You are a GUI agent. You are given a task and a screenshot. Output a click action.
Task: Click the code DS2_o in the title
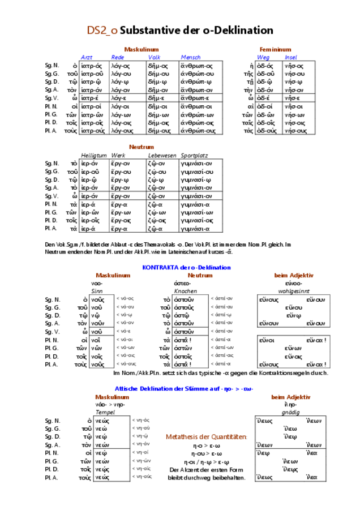pos(102,31)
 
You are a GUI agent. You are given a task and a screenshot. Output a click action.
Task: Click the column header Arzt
pos(87,57)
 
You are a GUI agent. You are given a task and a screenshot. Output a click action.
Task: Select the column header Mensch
pos(191,57)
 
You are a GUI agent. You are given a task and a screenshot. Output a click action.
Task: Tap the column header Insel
pos(291,57)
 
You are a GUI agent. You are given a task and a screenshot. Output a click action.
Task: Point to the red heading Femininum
pos(275,49)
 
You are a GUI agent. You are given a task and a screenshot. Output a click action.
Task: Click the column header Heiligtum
pos(93,155)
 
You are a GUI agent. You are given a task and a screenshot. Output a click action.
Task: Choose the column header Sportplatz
pos(194,155)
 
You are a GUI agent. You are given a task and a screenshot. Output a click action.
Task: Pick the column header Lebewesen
pos(162,155)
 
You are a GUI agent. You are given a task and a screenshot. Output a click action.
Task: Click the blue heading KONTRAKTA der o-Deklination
pos(186,267)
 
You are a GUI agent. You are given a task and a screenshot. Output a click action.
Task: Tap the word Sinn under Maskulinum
pos(97,290)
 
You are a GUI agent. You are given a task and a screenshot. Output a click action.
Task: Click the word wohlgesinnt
pos(294,290)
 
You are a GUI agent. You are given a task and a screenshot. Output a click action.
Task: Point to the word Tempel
pos(103,412)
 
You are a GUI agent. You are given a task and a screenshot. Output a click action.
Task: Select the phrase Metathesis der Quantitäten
pos(207,437)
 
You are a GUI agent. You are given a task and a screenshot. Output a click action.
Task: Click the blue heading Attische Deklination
pos(184,389)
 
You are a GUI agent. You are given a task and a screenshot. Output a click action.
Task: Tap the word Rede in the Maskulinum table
pos(117,57)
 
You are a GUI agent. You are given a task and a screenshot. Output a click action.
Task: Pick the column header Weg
pos(263,57)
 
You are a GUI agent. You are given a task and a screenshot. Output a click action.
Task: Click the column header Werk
pos(118,155)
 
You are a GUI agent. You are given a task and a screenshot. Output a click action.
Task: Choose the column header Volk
pos(155,57)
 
